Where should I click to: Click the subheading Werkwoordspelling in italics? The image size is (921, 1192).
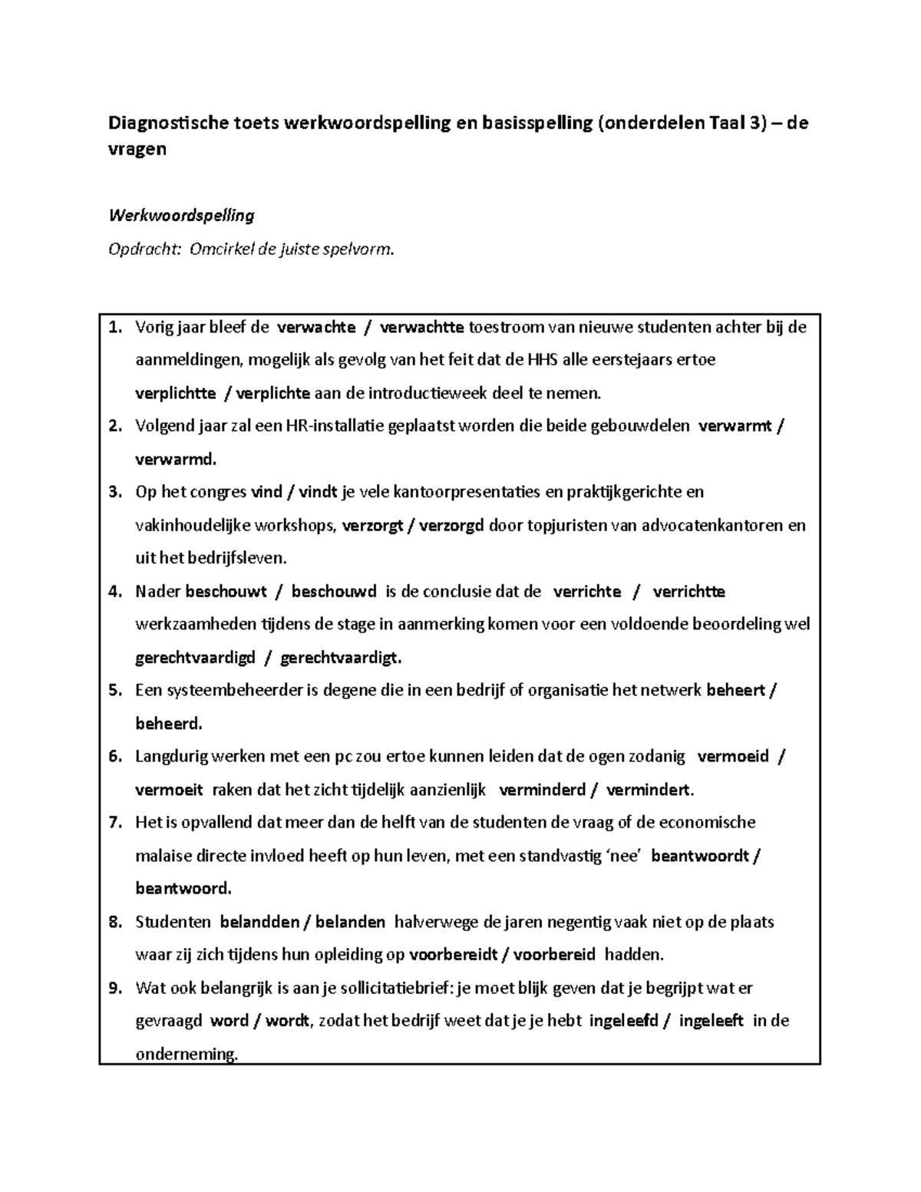pyautogui.click(x=181, y=216)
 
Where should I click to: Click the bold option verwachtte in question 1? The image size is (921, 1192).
pyautogui.click(x=421, y=328)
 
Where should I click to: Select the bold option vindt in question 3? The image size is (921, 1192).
pyautogui.click(x=317, y=492)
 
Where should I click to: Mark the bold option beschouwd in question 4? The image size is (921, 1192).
pyautogui.click(x=334, y=592)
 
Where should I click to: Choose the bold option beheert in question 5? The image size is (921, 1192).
pyautogui.click(x=735, y=691)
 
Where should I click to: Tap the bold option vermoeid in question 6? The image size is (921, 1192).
pyautogui.click(x=732, y=757)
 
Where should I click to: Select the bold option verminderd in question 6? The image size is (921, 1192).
pyautogui.click(x=542, y=790)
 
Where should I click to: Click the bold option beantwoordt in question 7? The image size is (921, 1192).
pyautogui.click(x=699, y=856)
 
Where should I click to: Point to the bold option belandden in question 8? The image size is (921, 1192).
pyautogui.click(x=259, y=922)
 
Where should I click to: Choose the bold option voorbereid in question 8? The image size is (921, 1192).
pyautogui.click(x=554, y=955)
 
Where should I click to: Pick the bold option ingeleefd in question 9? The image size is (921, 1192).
pyautogui.click(x=623, y=1021)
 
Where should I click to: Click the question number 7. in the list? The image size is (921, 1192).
pyautogui.click(x=115, y=823)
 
